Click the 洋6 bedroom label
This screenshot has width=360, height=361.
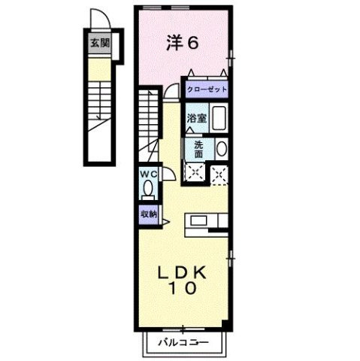(x=183, y=42)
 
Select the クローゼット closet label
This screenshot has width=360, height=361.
(x=207, y=88)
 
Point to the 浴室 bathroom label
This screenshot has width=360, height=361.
(x=196, y=118)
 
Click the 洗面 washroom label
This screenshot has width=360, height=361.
(x=198, y=149)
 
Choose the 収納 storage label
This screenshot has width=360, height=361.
(x=147, y=213)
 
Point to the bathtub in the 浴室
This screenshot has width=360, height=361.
(x=220, y=119)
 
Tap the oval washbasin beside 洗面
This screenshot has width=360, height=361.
(x=220, y=148)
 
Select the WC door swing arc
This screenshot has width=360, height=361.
(x=171, y=174)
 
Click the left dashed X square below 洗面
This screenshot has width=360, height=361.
(x=194, y=173)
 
